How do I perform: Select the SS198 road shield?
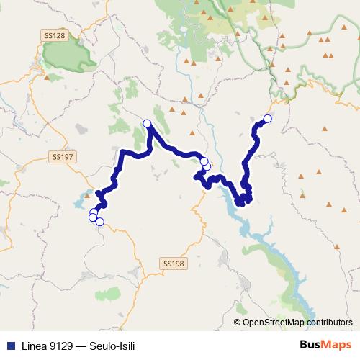point(174,264)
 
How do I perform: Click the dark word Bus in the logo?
point(311,344)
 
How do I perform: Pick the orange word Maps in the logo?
point(338,344)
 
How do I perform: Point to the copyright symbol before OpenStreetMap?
point(238,323)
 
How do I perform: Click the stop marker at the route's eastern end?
point(268,119)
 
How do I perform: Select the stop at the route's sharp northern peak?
point(148,124)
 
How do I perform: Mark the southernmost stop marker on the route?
point(100,222)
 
